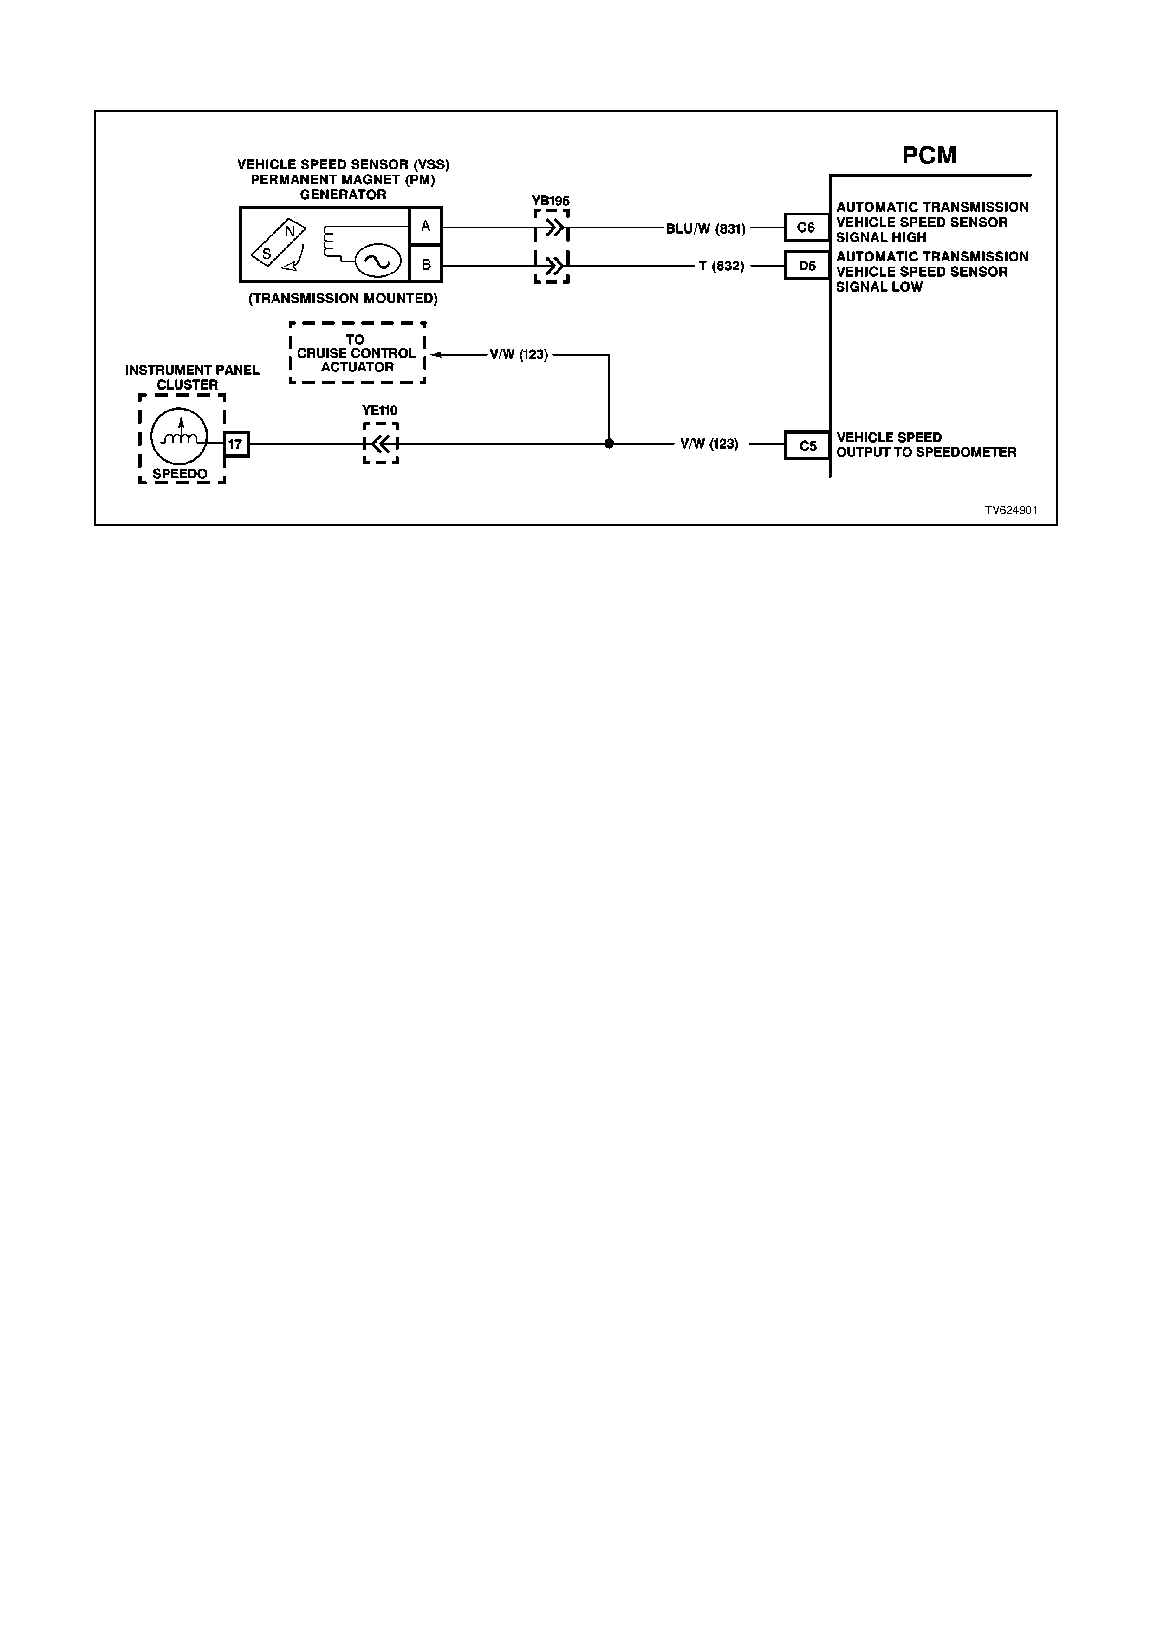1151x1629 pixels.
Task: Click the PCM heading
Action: click(x=929, y=156)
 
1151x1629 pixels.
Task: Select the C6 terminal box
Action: click(x=806, y=228)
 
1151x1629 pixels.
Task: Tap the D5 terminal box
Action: click(x=806, y=265)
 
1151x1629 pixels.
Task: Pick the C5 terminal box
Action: click(x=807, y=446)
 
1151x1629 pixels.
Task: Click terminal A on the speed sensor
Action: click(x=425, y=226)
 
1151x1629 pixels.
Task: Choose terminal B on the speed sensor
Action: click(x=425, y=264)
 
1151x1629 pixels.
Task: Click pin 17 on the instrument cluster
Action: click(x=236, y=444)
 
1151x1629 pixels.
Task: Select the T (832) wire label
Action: click(x=721, y=266)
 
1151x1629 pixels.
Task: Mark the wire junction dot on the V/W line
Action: click(x=609, y=443)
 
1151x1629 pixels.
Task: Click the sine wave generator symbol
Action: click(x=377, y=262)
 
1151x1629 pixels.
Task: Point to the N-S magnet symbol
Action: click(x=279, y=242)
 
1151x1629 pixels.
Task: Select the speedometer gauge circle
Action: click(x=179, y=437)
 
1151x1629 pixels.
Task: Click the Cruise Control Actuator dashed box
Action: click(x=358, y=352)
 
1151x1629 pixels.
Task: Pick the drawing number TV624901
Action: click(x=1011, y=510)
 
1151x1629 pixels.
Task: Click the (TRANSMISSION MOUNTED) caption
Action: click(x=343, y=299)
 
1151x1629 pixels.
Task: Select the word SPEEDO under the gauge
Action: click(x=180, y=474)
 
